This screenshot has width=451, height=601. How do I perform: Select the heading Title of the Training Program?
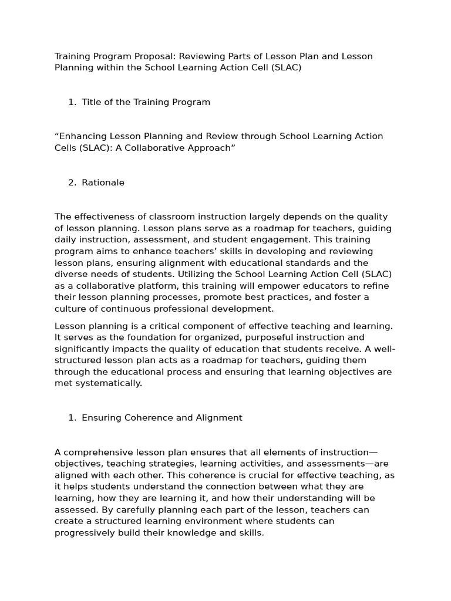coord(146,102)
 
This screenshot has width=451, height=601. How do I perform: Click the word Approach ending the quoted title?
coord(210,148)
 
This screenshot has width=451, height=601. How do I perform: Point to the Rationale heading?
coord(103,183)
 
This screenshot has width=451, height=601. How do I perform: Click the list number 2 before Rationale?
coord(72,183)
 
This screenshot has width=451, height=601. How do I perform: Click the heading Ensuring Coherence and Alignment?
coord(161,418)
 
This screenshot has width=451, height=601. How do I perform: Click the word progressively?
coord(83,532)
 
